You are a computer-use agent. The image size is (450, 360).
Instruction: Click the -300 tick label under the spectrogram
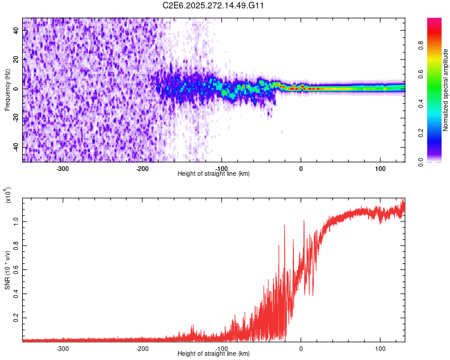(x=62, y=168)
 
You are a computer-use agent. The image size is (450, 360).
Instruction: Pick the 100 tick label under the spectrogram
(x=380, y=168)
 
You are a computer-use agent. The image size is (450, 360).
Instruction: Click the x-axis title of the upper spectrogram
(x=214, y=173)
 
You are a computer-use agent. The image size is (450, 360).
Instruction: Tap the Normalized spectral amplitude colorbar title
(x=446, y=90)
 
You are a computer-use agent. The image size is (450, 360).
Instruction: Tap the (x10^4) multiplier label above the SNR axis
(x=8, y=196)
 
